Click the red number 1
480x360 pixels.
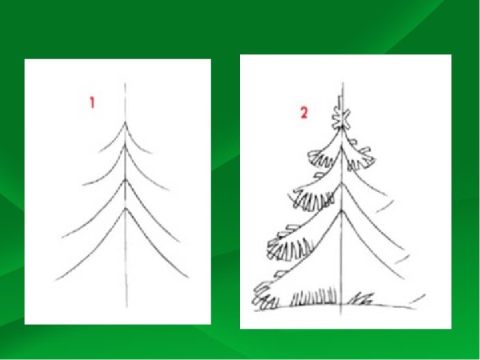click(92, 102)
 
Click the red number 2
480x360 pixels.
click(304, 113)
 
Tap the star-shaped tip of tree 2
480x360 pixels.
click(342, 118)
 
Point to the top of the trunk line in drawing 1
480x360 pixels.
click(125, 83)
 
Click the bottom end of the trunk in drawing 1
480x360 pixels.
click(126, 306)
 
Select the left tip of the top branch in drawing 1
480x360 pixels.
click(98, 152)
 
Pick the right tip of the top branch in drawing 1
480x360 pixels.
click(151, 153)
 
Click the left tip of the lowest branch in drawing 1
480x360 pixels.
click(56, 280)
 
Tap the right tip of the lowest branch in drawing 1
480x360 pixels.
click(188, 278)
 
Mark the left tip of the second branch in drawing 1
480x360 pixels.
click(82, 185)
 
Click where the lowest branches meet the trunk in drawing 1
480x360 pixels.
click(126, 209)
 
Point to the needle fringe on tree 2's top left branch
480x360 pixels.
click(321, 159)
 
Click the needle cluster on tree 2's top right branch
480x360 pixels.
click(362, 158)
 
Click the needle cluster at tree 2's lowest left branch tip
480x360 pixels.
click(264, 296)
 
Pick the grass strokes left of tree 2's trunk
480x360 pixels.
click(313, 296)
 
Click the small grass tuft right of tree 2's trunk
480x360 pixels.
click(362, 298)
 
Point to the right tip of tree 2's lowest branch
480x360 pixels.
click(404, 278)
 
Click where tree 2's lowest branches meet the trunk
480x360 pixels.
click(342, 210)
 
